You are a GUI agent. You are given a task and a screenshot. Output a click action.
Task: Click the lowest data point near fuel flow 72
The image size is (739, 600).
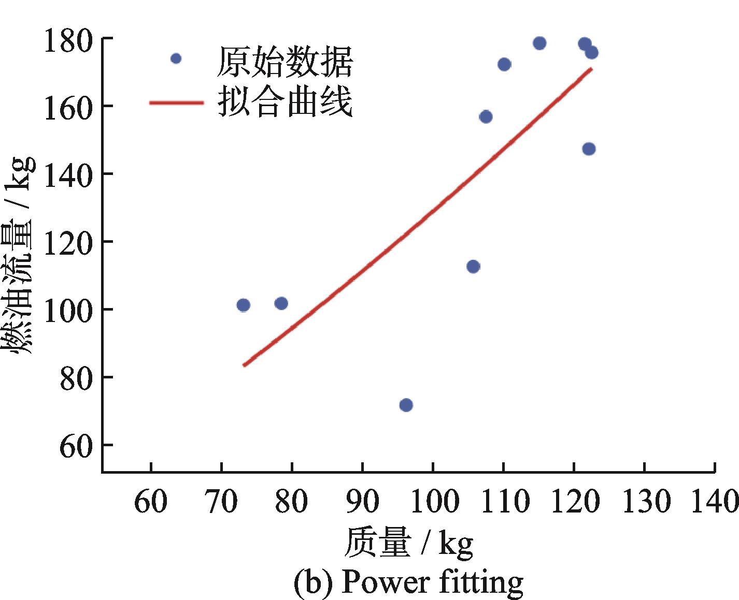(406, 405)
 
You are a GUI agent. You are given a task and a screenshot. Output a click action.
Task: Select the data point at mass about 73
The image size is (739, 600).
(244, 305)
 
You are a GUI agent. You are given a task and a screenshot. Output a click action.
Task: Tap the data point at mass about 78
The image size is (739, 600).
(281, 303)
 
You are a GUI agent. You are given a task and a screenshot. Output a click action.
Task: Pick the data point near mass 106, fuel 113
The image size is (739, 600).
(473, 267)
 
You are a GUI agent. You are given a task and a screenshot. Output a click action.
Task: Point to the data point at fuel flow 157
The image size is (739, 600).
(486, 117)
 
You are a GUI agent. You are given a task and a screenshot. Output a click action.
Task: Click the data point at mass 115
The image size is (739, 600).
(539, 43)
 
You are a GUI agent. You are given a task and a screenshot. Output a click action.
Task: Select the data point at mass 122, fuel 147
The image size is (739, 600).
(589, 149)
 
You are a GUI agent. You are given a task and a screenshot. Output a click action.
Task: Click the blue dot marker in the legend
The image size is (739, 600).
(176, 58)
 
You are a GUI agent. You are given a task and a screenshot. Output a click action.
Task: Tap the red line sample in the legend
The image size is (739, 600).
(176, 103)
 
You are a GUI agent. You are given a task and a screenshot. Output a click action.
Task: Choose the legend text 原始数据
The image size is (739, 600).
(285, 62)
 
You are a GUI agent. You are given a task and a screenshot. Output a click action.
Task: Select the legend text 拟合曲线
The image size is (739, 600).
(285, 102)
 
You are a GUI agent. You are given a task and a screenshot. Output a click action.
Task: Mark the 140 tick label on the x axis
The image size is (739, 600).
(714, 502)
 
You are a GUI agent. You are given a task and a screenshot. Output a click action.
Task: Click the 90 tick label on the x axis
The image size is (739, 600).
(362, 502)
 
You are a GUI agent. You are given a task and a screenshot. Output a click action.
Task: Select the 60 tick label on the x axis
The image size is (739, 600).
(151, 502)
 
